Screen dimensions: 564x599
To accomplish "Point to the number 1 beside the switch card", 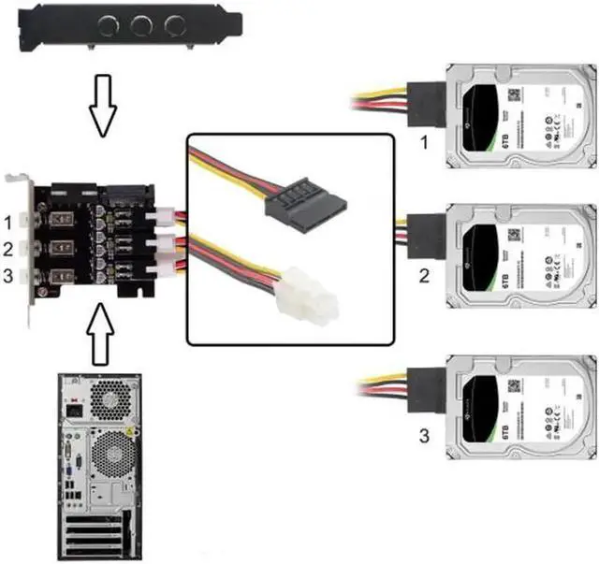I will pyautogui.click(x=8, y=224).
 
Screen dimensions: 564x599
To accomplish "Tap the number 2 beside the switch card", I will pyautogui.click(x=8, y=250).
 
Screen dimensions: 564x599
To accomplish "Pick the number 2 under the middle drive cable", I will pyautogui.click(x=423, y=277).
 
